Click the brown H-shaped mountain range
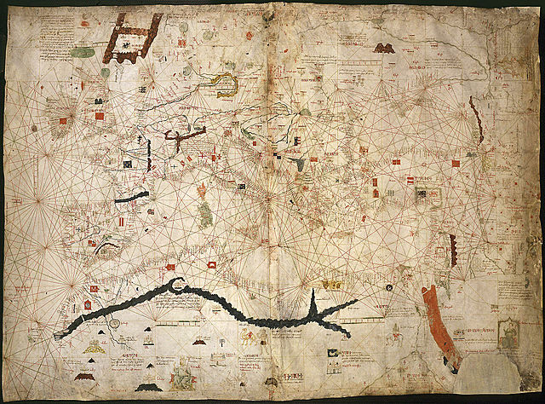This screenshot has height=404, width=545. pyautogui.click(x=132, y=38)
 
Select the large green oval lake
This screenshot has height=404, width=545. pyautogui.click(x=83, y=53)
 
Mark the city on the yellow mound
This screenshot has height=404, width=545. pyautogui.click(x=106, y=249)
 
